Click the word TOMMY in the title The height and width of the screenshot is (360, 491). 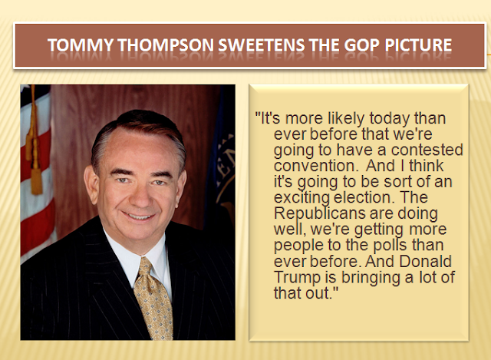pyautogui.click(x=80, y=45)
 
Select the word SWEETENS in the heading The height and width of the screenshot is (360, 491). pyautogui.click(x=261, y=45)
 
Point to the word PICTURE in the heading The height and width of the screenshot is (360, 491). pyautogui.click(x=418, y=45)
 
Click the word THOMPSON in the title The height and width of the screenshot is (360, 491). pyautogui.click(x=166, y=45)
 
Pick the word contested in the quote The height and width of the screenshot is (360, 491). pyautogui.click(x=427, y=150)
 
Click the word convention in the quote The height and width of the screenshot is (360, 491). pyautogui.click(x=315, y=166)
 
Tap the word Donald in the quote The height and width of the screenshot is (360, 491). pyautogui.click(x=426, y=261)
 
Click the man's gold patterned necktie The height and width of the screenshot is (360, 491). pyautogui.click(x=153, y=299)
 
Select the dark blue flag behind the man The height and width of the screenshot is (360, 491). pyautogui.click(x=220, y=157)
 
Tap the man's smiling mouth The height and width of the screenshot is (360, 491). pyautogui.click(x=138, y=216)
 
